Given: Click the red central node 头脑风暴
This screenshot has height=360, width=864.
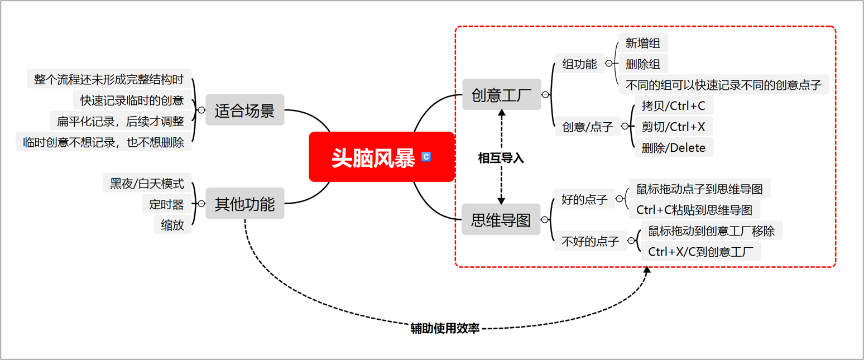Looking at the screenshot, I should [x=374, y=157].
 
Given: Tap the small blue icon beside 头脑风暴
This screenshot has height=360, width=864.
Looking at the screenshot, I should [x=426, y=157].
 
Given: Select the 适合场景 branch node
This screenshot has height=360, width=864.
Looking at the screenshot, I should [x=244, y=110].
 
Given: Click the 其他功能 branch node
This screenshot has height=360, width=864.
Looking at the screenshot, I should [x=244, y=204].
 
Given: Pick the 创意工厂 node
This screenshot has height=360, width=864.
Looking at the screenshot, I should [x=501, y=94].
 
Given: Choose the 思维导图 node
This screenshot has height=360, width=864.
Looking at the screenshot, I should [x=501, y=219].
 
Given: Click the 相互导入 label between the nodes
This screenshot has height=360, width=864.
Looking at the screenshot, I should [x=501, y=158].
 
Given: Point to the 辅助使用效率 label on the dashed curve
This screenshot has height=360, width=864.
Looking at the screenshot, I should [x=445, y=328].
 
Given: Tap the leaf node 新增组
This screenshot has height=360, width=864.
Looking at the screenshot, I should [x=643, y=43].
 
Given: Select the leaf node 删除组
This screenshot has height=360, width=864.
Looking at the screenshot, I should [x=643, y=64].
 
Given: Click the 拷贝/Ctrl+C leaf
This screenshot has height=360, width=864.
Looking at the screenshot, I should [x=674, y=105].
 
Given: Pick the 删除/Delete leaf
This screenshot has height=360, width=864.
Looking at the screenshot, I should [x=674, y=148].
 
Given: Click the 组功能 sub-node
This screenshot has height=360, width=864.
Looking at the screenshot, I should [x=579, y=64].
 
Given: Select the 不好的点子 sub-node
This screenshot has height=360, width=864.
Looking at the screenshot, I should [x=590, y=241].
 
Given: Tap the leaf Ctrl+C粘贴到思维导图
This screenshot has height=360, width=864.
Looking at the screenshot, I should [x=694, y=210].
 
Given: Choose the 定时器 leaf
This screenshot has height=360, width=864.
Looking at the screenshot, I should [x=166, y=204].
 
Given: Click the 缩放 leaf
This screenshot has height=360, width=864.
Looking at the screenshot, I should [x=172, y=225].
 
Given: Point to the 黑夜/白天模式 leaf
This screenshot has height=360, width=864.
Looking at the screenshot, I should [x=147, y=183].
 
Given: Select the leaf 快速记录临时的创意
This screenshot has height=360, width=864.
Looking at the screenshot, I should [x=132, y=100].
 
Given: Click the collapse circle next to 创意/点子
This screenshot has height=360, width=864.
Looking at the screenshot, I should [x=625, y=127].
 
